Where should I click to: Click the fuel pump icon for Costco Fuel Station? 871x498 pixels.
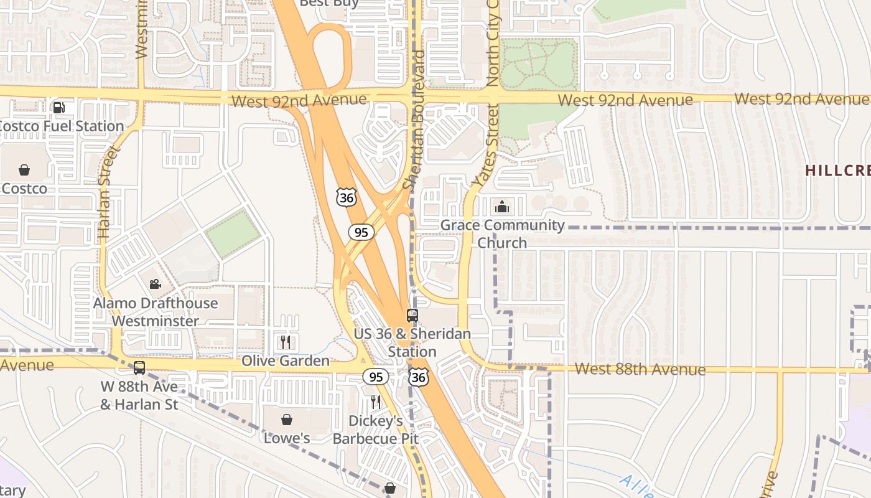59,108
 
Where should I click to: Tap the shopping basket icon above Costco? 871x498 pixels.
24,169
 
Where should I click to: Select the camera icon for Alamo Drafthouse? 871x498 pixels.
155,284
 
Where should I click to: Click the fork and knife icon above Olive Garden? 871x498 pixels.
286,342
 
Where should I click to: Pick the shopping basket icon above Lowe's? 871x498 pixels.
287,420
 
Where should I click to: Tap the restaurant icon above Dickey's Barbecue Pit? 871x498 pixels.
375,402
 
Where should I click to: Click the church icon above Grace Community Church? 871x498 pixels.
502,207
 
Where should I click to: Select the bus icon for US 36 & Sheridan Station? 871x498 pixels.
412,315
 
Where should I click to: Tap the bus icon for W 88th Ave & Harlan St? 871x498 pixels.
139,368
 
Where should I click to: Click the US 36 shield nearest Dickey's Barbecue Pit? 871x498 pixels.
418,377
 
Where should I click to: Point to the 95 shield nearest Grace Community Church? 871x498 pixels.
361,232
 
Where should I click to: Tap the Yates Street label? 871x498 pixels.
486,146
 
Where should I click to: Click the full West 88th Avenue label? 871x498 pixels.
640,369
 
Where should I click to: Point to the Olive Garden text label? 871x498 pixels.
286,361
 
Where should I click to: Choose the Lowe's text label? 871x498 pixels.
287,438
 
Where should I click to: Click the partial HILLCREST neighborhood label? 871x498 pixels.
838,170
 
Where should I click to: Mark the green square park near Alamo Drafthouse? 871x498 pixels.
233,233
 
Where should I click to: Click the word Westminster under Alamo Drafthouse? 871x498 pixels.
156,321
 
